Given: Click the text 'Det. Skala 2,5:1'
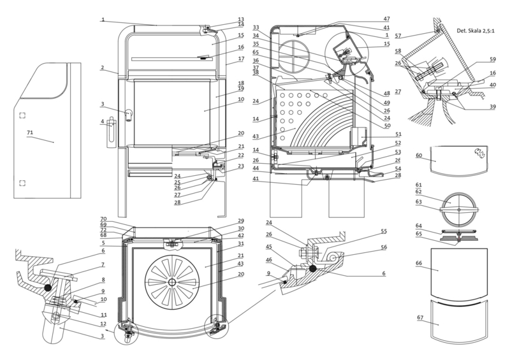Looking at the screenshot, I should click(x=479, y=31).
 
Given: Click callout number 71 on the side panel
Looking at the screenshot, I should click(x=29, y=133).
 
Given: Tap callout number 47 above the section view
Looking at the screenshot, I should click(x=386, y=19).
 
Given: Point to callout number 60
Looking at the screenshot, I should click(x=418, y=155).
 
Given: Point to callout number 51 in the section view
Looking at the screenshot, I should click(x=398, y=134).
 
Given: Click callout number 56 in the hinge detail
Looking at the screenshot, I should click(x=384, y=247).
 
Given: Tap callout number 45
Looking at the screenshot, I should click(x=270, y=247).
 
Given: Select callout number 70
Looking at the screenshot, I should click(x=102, y=219).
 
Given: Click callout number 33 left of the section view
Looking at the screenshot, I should click(x=256, y=27).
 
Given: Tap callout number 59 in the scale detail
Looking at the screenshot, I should click(x=492, y=59).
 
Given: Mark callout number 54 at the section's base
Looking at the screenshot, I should click(x=398, y=168).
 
